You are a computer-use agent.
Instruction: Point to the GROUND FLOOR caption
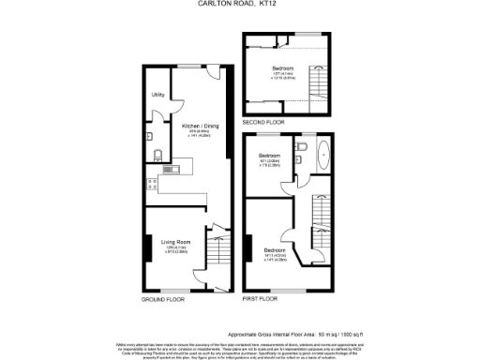162,299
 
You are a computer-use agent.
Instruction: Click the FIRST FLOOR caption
262,299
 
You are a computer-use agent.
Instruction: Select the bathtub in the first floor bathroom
324,154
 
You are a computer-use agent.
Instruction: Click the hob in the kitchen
150,182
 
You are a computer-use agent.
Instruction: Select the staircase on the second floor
318,90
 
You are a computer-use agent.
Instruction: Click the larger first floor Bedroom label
275,250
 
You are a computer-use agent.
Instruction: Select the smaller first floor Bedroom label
270,155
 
